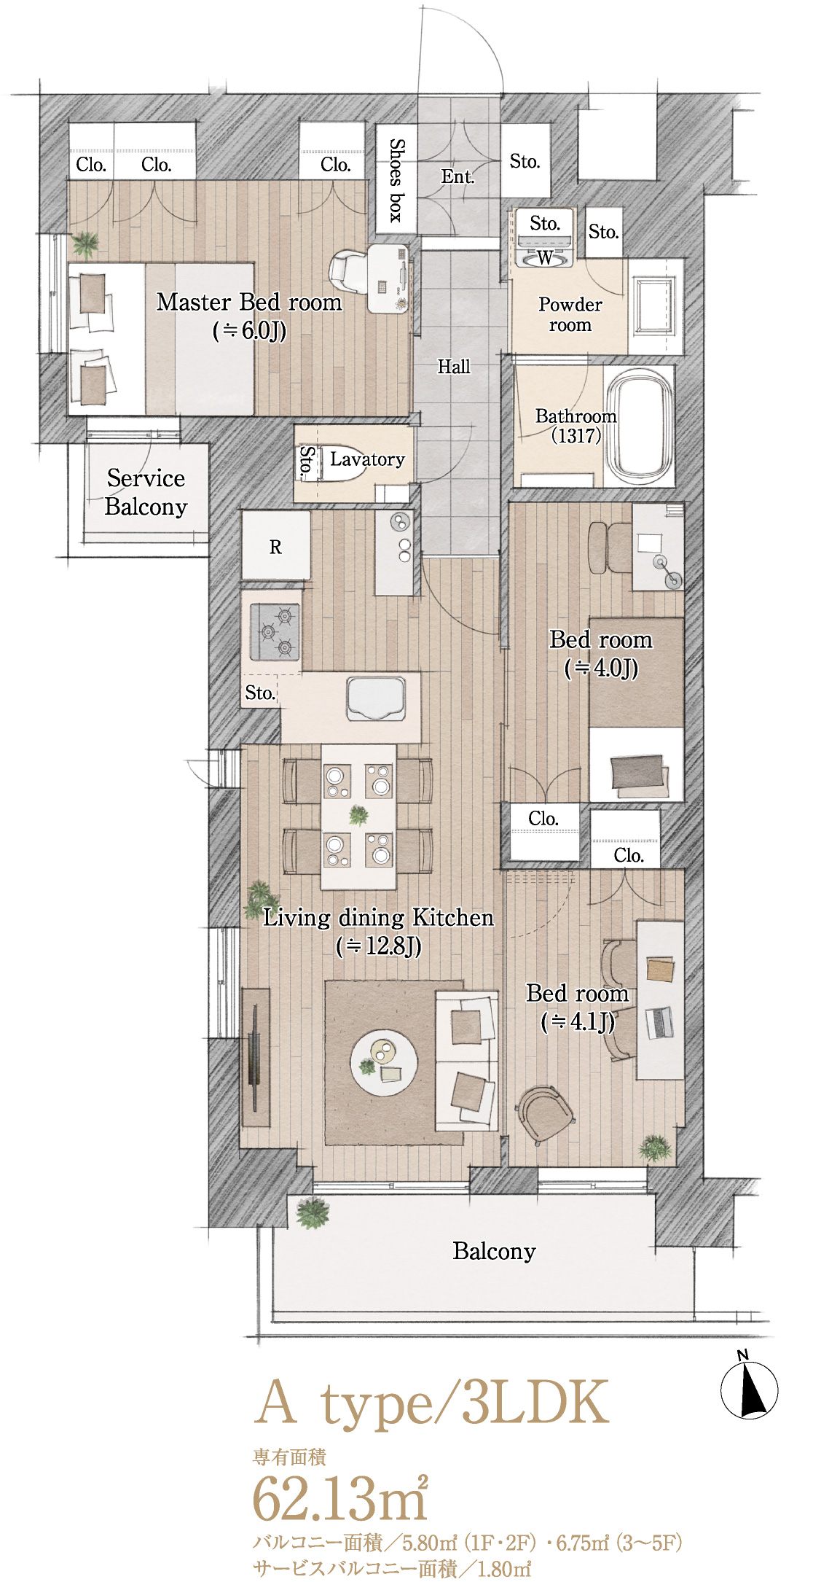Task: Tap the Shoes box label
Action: pos(396,179)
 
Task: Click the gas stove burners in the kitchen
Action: pos(275,632)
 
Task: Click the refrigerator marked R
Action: pos(275,547)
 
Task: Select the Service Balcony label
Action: pos(146,493)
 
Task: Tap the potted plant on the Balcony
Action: pos(313,1211)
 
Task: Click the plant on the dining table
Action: pos(358,815)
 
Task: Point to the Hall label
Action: pos(454,367)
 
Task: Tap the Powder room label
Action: pos(570,314)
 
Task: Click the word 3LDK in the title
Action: pos(535,1402)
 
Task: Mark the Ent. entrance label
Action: pos(457,176)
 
